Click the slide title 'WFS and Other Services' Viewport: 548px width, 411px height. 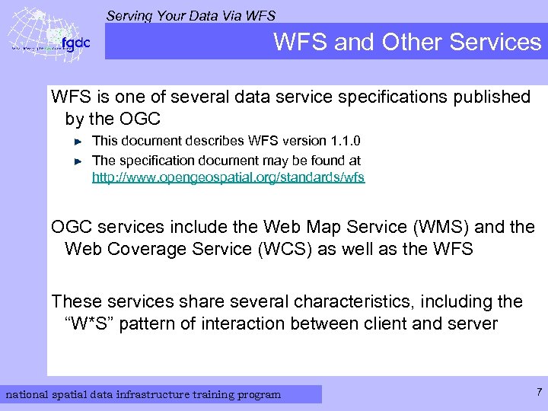click(x=406, y=42)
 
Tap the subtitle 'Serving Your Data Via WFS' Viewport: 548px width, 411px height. click(x=190, y=15)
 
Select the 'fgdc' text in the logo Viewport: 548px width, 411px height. click(x=75, y=43)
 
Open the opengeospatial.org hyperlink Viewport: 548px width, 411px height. click(x=228, y=177)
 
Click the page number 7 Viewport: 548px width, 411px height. click(x=539, y=393)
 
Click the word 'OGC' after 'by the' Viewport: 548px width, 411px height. click(x=139, y=119)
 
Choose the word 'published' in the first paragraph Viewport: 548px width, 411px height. click(x=492, y=97)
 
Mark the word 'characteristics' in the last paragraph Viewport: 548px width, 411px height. click(x=334, y=301)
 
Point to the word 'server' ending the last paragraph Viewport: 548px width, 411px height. click(x=471, y=323)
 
